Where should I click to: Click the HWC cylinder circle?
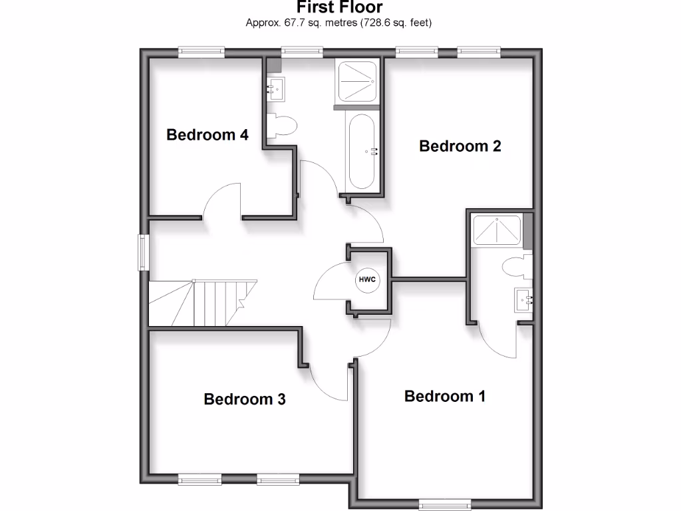367,279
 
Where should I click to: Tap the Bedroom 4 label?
207,135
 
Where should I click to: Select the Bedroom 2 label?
460,146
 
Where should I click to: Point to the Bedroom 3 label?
245,399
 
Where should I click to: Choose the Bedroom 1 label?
445,397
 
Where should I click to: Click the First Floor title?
339,8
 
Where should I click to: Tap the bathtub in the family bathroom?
362,151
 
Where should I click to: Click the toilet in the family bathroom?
281,126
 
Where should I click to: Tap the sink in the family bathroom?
276,88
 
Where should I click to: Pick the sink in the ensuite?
524,300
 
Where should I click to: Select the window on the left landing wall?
143,252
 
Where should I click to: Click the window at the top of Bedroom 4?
202,51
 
